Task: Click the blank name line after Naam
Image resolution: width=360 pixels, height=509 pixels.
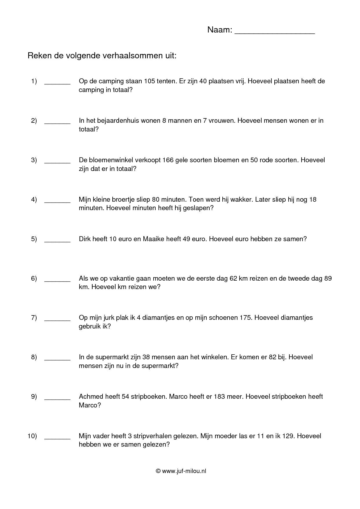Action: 274,31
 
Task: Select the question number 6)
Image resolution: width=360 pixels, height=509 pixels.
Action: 34,279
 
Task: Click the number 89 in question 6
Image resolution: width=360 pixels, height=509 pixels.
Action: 328,279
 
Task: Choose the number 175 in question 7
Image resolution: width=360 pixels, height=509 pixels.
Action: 245,318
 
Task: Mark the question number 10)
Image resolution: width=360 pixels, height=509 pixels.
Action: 32,436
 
